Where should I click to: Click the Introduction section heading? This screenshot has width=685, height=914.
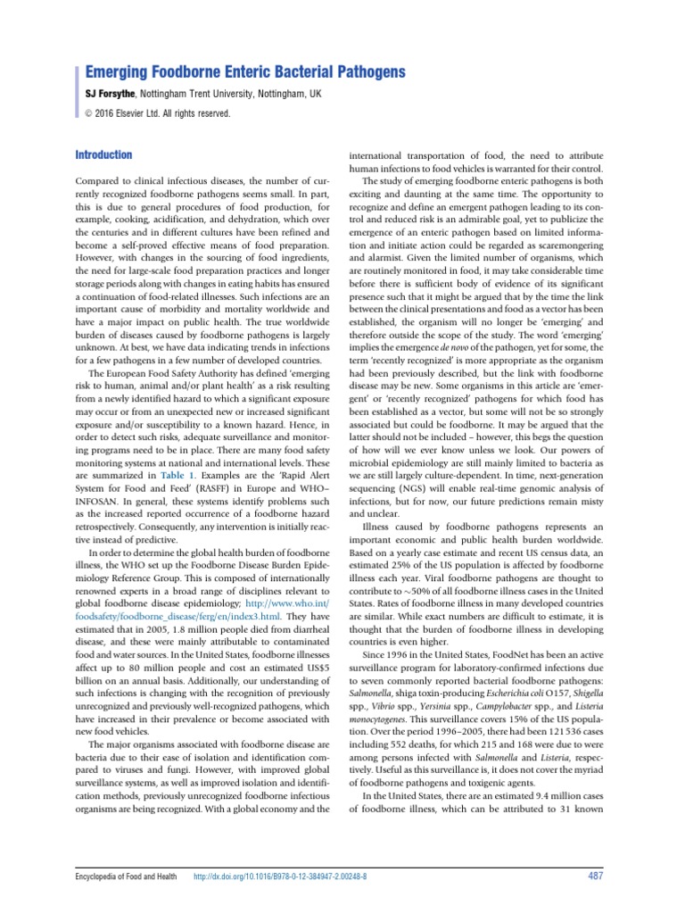(103, 155)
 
